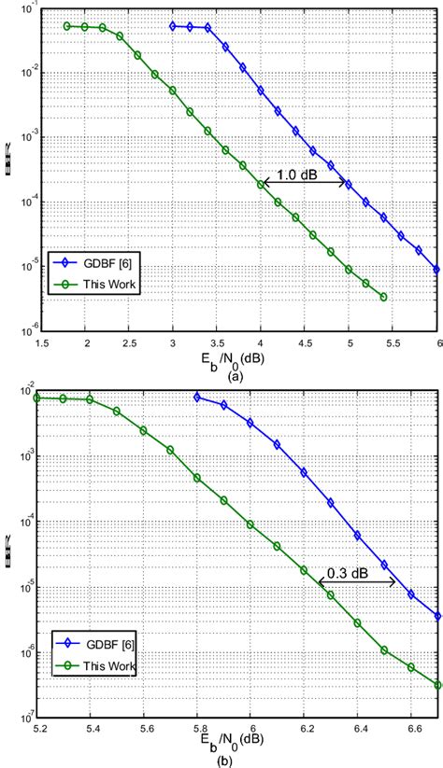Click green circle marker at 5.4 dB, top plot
click(x=384, y=297)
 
